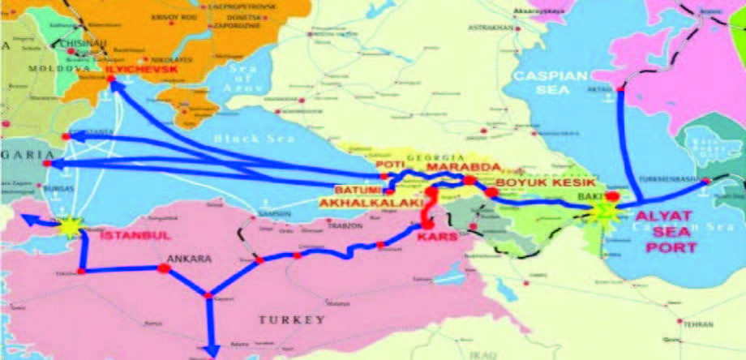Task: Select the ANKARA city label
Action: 188,260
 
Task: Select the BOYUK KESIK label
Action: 539,184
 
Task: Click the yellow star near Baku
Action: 603,211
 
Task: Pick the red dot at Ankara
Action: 164,268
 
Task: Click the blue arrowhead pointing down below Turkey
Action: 211,351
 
